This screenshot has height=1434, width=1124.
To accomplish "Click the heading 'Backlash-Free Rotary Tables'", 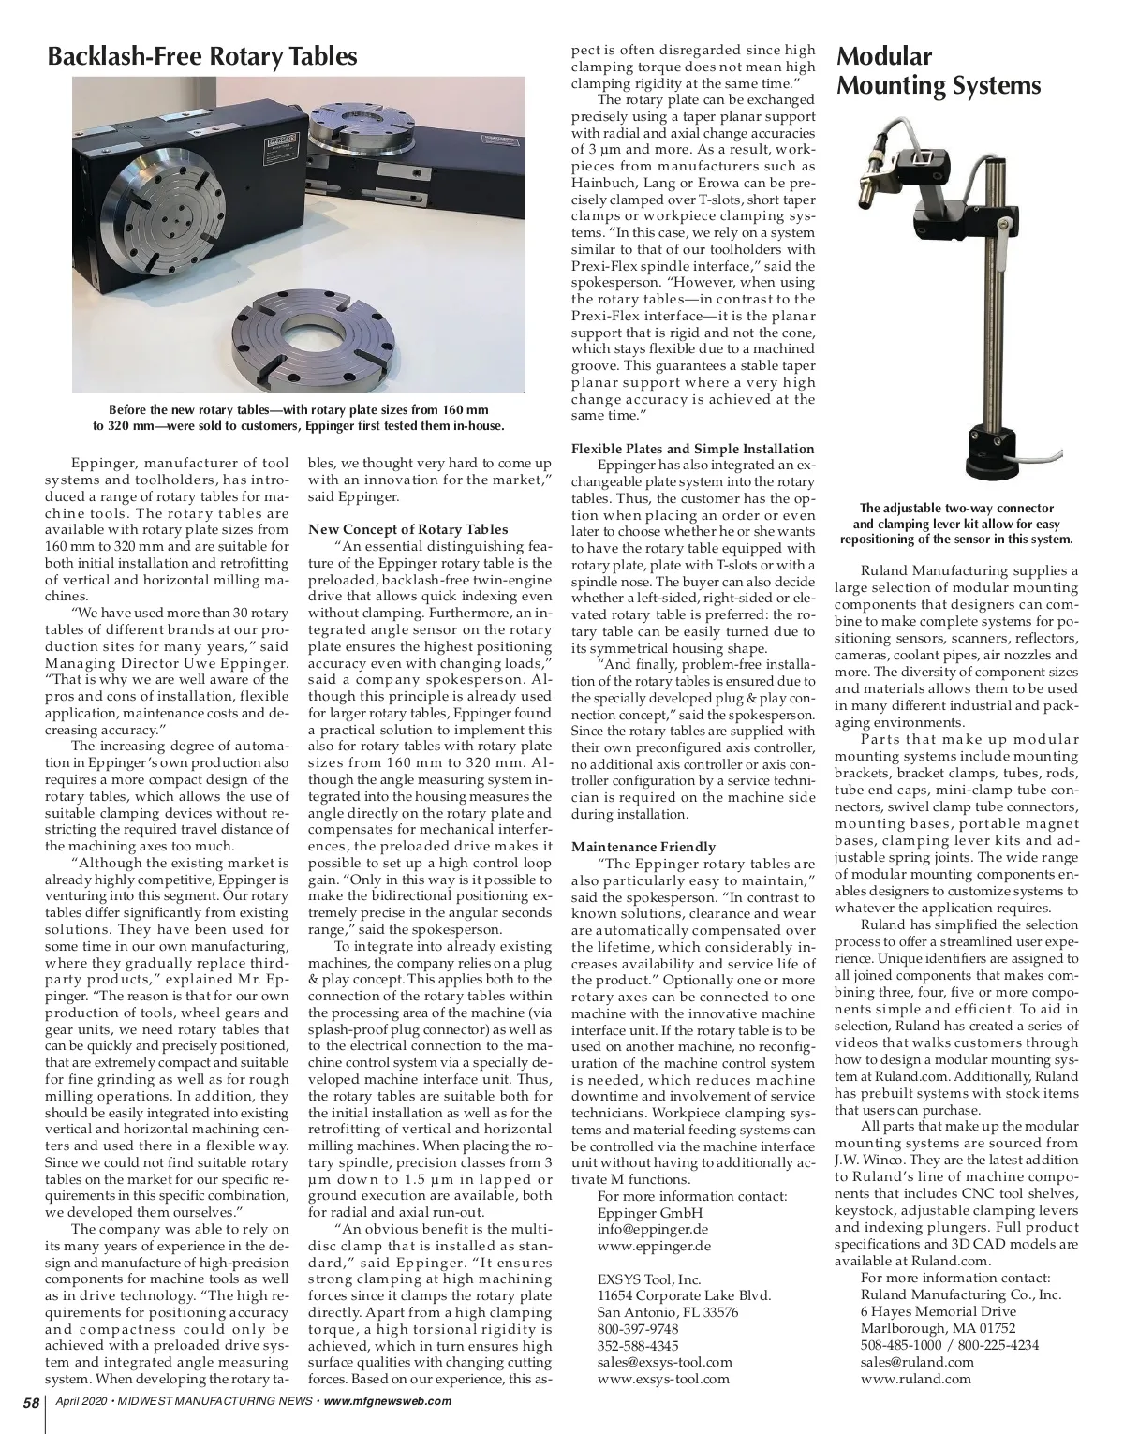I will point(202,57).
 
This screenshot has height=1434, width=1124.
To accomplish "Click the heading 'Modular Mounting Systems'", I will point(938,71).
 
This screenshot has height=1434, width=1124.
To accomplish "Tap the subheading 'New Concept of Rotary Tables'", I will point(407,529).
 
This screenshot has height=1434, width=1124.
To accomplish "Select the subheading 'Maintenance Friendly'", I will point(643,847).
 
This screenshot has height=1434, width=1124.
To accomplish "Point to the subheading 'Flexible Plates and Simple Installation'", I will point(692,449).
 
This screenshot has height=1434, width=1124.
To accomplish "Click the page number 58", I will point(31,1402).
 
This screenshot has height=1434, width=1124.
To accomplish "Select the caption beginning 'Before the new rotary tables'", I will point(299,418).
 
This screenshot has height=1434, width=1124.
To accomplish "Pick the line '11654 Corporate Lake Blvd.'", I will point(684,1295).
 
